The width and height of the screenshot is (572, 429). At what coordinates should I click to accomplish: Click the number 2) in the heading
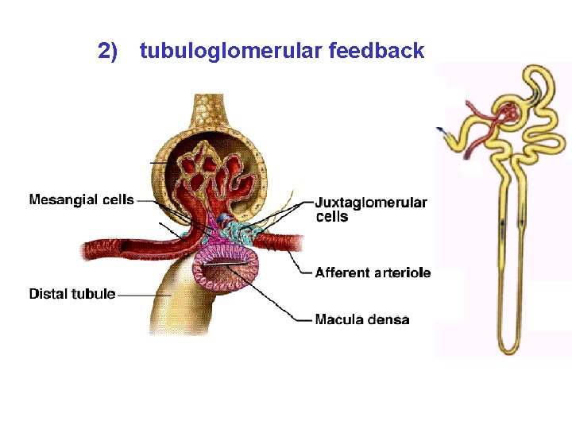coord(108,52)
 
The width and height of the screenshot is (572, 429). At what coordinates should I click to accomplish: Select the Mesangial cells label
coord(81,199)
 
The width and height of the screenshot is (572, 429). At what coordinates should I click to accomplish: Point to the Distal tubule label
coord(71,294)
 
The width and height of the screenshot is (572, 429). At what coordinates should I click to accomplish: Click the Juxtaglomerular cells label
coord(371,209)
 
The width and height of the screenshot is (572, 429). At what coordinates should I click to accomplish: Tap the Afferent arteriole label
coord(373,272)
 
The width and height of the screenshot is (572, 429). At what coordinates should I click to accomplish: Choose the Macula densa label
coord(361,320)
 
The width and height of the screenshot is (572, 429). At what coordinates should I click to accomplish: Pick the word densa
coord(388,320)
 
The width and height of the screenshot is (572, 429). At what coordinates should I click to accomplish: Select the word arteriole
coord(402,272)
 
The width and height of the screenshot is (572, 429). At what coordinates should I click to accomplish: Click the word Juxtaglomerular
coord(371,203)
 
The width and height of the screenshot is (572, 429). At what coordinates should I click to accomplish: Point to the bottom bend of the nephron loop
coord(507,347)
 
